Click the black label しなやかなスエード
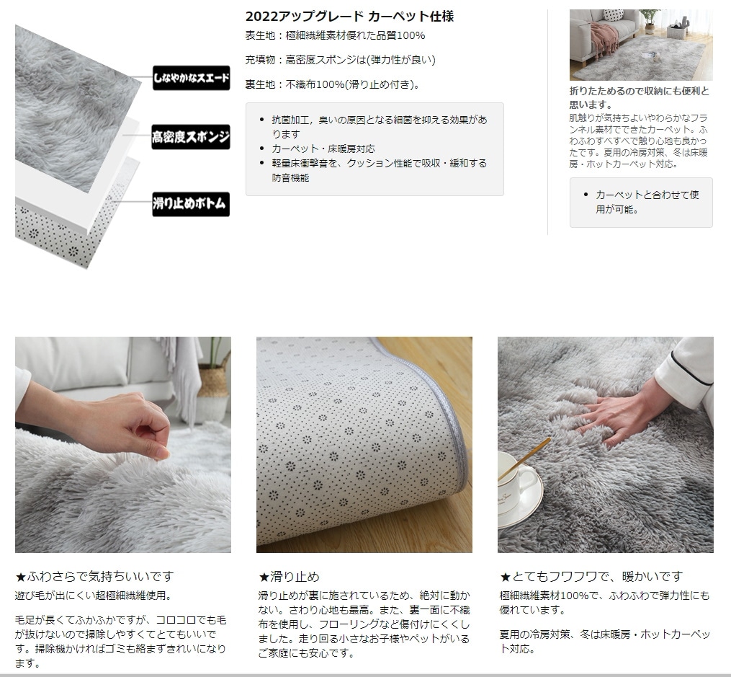pyautogui.click(x=191, y=77)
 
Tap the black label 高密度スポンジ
pyautogui.click(x=191, y=137)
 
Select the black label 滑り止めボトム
pyautogui.click(x=191, y=204)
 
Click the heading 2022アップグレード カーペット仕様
pyautogui.click(x=349, y=17)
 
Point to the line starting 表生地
pyautogui.click(x=335, y=35)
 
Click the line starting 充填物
pyautogui.click(x=341, y=60)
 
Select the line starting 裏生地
pyautogui.click(x=333, y=84)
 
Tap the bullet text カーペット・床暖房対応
pyautogui.click(x=323, y=149)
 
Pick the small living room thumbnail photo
pyautogui.click(x=641, y=45)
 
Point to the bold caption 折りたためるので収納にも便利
pyautogui.click(x=639, y=97)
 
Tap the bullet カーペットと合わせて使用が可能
pyautogui.click(x=647, y=202)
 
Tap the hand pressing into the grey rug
pyautogui.click(x=615, y=415)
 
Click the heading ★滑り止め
pyautogui.click(x=289, y=577)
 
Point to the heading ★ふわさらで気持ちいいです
pyautogui.click(x=94, y=577)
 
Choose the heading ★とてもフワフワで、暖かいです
pyautogui.click(x=591, y=577)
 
